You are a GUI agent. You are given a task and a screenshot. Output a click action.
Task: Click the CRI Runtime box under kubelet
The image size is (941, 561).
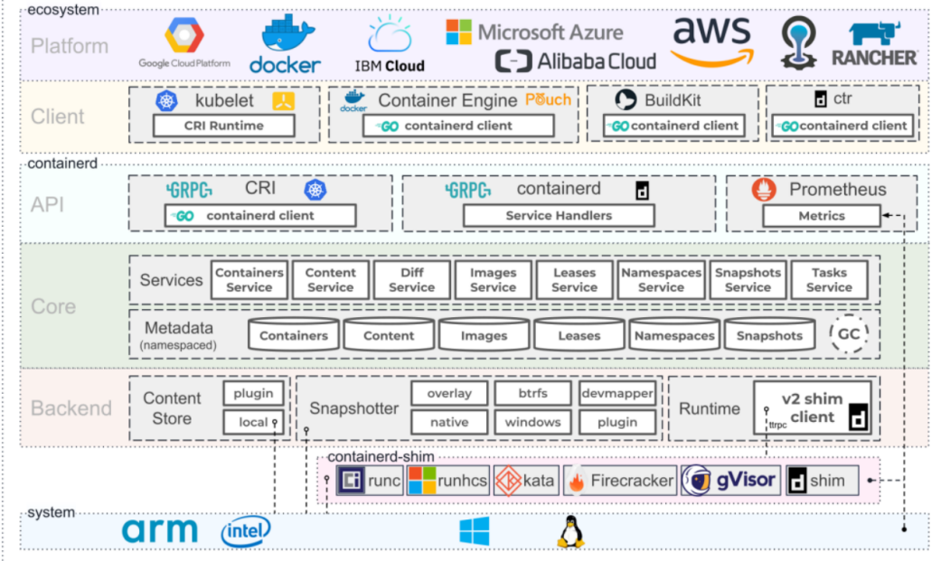pos(223,126)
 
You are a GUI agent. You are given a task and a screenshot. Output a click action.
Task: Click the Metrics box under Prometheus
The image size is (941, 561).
pos(821,216)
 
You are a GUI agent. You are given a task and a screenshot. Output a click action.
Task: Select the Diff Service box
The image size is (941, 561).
pos(411,280)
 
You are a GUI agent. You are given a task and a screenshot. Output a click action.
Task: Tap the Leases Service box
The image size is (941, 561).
pos(574,280)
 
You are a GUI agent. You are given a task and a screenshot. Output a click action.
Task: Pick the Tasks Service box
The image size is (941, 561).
pos(829,280)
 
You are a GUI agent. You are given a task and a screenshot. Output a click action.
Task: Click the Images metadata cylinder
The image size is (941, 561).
pos(484,335)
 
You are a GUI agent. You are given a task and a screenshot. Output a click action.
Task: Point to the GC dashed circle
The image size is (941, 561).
pos(849,334)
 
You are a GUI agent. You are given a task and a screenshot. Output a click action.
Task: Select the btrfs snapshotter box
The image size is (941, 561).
pos(532,394)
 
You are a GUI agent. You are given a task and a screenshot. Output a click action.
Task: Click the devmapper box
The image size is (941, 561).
pos(617,394)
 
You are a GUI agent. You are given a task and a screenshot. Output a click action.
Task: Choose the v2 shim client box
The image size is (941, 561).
pos(813,407)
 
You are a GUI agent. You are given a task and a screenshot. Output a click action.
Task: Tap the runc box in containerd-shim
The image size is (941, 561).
pos(370,481)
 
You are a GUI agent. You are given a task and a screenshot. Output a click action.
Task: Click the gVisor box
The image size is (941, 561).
pos(730,480)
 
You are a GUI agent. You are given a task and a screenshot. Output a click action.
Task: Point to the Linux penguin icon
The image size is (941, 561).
pos(569,532)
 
